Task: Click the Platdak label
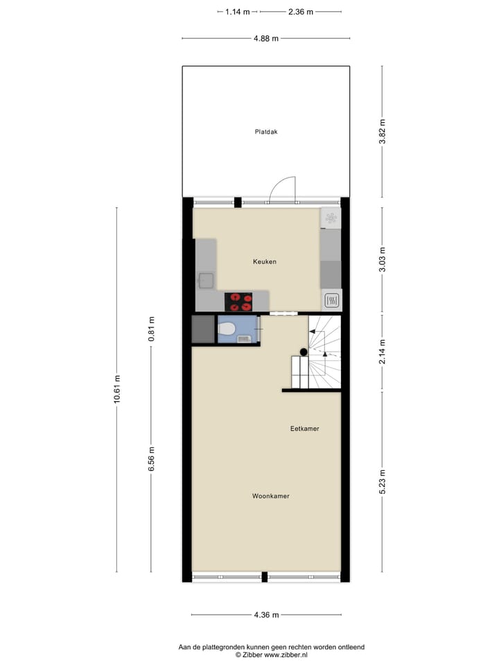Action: click(x=265, y=131)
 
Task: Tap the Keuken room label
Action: click(x=265, y=262)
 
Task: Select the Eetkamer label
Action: click(x=304, y=429)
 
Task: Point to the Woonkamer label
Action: click(x=270, y=496)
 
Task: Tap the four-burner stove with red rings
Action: click(x=238, y=302)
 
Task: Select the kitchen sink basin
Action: click(x=206, y=280)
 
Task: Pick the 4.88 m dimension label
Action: click(x=266, y=38)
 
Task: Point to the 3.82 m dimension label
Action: click(x=382, y=131)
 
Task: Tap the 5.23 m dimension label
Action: click(x=382, y=481)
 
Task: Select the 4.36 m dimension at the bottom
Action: click(x=266, y=615)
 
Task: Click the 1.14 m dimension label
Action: click(x=238, y=12)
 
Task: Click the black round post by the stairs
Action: click(x=304, y=352)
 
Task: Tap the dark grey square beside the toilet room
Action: click(x=203, y=330)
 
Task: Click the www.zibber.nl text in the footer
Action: click(x=286, y=654)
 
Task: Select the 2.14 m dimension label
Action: click(x=382, y=352)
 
